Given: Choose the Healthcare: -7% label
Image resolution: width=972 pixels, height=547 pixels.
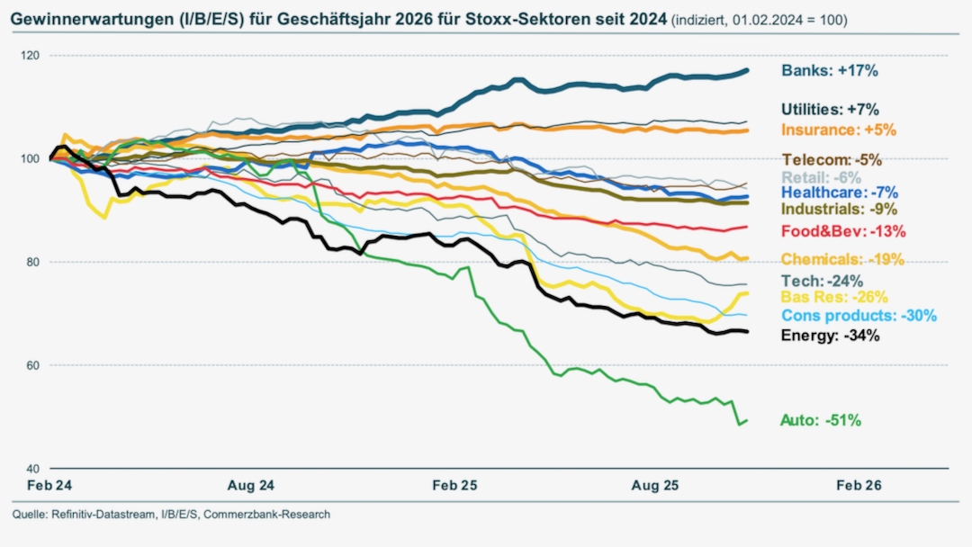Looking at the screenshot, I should click(x=840, y=192).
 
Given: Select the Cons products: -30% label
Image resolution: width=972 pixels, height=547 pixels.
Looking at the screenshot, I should click(x=859, y=316).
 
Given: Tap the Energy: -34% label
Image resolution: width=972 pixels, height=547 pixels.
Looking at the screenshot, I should click(x=830, y=336).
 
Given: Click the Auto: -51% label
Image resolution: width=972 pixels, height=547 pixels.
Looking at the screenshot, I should click(x=821, y=420).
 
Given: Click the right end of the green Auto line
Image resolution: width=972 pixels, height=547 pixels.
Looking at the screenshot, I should click(x=747, y=420).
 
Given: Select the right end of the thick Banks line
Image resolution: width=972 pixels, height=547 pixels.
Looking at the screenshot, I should click(x=747, y=70).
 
